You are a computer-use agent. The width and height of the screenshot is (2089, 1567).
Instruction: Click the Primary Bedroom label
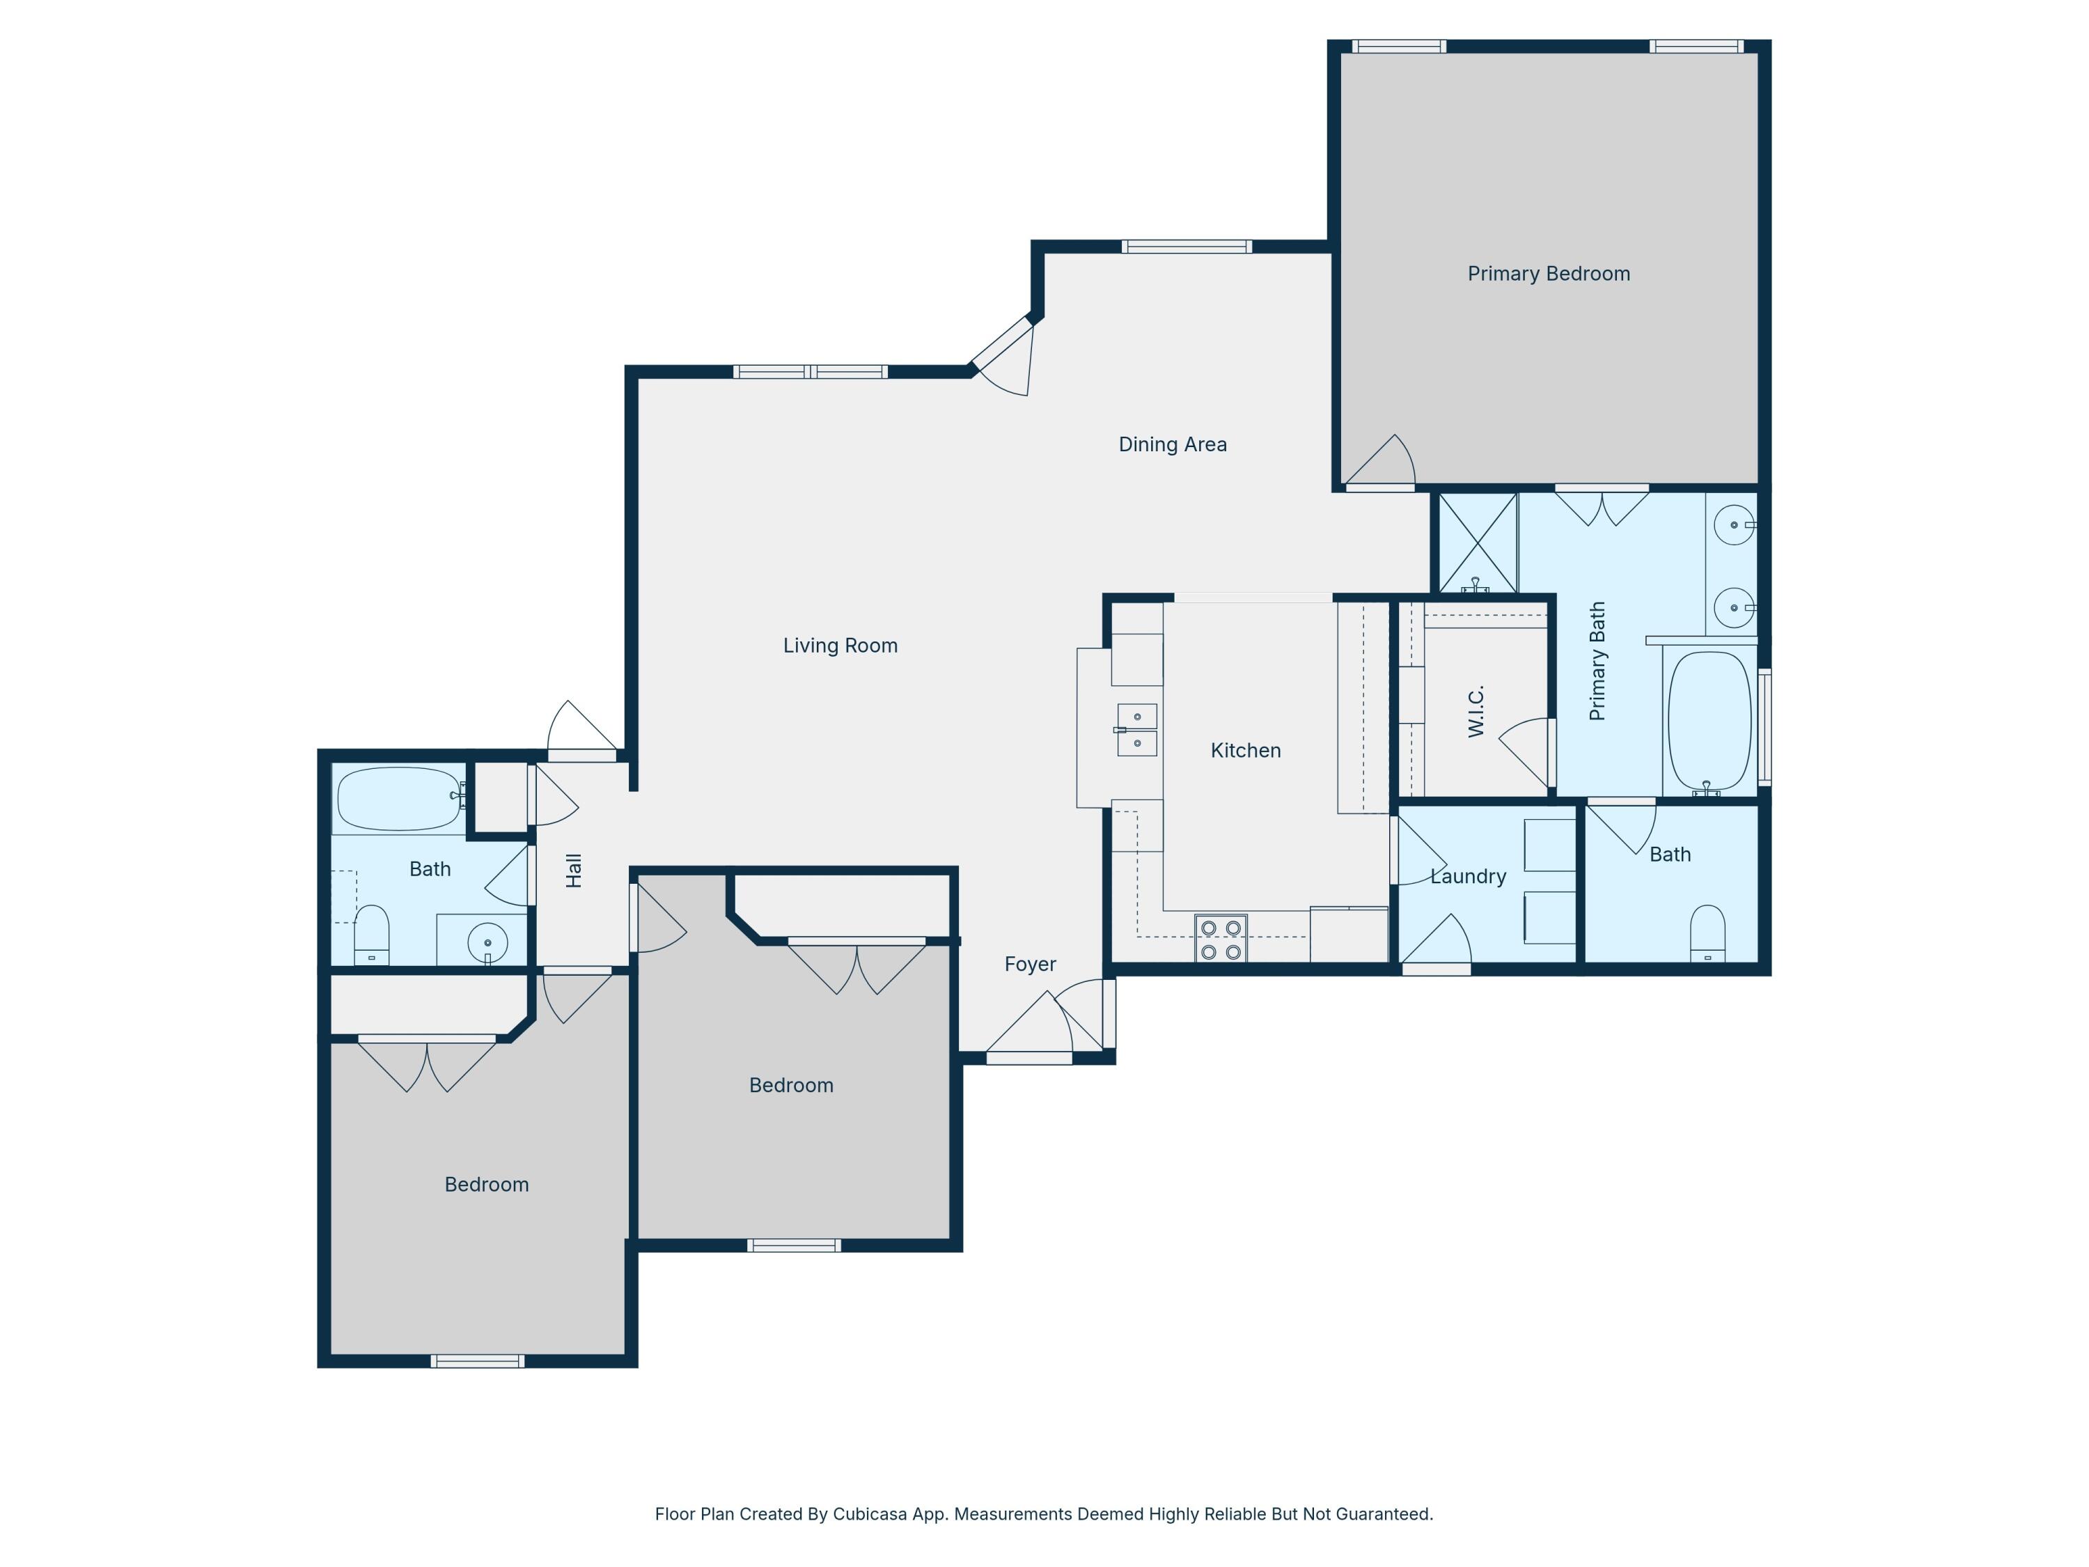1548,274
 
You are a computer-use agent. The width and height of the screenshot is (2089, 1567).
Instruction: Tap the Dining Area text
1172,445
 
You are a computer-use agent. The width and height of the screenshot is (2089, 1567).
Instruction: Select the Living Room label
840,646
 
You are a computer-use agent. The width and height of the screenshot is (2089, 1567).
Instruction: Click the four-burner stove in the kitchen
1220,939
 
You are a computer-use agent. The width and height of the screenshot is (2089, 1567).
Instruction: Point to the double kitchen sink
1136,730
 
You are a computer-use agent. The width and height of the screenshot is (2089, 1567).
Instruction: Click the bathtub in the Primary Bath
1709,722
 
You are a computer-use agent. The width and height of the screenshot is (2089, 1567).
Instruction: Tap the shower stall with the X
1477,543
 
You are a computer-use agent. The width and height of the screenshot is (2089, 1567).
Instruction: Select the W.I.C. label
1476,710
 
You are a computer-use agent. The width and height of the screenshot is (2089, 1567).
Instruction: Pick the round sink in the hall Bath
487,942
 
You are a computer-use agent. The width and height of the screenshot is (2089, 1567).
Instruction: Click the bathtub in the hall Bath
398,798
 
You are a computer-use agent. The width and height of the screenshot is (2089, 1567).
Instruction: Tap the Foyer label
1029,965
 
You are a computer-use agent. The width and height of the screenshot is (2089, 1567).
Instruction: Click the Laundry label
1468,877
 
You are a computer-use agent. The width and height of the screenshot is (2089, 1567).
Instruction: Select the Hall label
573,870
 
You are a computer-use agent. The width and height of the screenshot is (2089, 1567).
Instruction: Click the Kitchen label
1245,751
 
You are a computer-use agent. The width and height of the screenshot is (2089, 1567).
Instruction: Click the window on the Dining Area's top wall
1186,247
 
